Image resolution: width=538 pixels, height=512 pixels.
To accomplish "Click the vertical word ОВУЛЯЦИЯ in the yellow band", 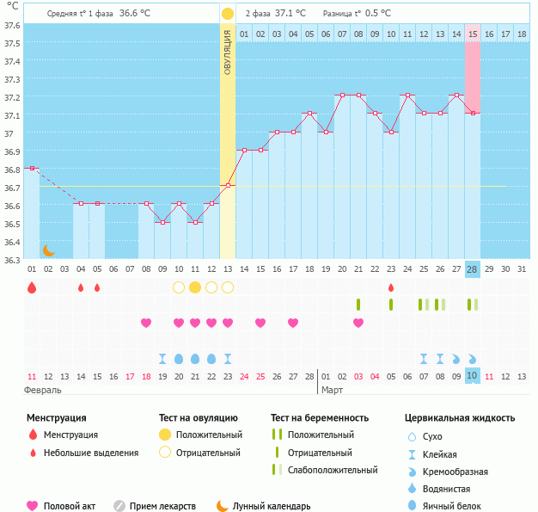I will pos(227,51).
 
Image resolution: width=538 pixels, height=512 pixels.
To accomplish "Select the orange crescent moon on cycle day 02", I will pos(49,250).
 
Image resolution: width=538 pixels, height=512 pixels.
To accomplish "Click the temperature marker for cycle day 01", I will pos(32,169).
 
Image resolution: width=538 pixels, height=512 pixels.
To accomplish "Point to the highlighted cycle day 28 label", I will pos(472,269).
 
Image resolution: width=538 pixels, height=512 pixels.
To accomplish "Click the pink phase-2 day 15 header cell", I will pos(473,34).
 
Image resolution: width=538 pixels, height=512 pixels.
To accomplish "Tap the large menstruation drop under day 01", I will pos(32,287).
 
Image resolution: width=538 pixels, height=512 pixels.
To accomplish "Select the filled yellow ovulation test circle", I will pos(195,287).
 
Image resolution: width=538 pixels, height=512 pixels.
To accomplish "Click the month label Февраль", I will pos(42,390).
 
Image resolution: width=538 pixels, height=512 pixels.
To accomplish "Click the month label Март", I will pos(332,390).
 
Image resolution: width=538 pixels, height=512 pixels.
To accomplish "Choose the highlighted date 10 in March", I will pos(472,376).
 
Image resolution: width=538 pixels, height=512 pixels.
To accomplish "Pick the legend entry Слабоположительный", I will pos(333,470).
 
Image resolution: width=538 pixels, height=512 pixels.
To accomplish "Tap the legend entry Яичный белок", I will pos(458,506).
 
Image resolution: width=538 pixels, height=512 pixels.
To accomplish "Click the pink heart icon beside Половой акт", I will pos(33,506).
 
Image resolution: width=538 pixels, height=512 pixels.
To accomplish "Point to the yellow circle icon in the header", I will pos(227,14).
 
